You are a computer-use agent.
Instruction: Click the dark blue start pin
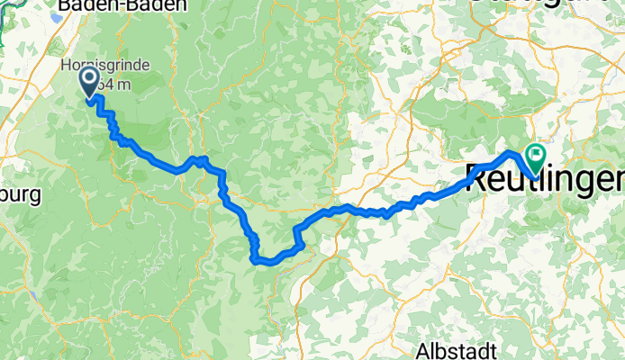tap(91, 84)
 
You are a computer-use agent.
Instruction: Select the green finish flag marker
tap(536, 158)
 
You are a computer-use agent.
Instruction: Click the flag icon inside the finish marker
tap(536, 155)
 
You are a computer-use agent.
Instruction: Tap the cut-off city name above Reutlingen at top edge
tap(540, 4)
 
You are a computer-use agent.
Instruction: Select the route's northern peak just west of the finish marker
tap(510, 152)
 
